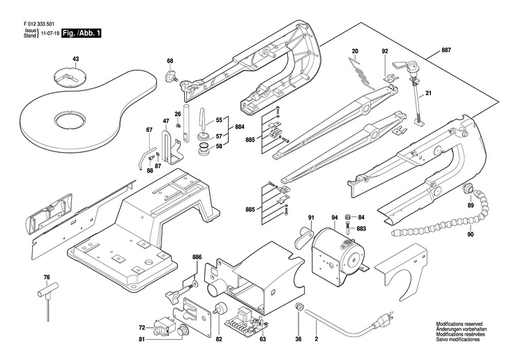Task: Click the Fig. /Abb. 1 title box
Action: tap(81, 33)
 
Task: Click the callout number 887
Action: tap(446, 52)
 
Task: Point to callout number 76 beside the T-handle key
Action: tap(47, 278)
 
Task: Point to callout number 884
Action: tap(239, 127)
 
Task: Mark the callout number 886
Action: tap(197, 257)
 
